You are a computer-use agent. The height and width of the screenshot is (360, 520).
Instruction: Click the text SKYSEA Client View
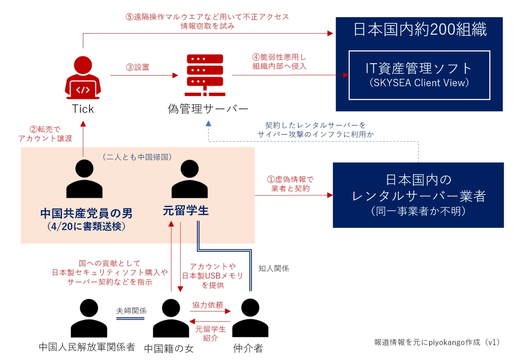419,83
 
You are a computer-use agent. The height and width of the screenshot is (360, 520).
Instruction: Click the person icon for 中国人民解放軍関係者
88,318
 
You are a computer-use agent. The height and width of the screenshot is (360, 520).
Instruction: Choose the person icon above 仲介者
247,318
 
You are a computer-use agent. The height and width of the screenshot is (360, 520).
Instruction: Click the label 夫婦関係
131,311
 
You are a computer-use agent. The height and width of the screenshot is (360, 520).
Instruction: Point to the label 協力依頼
211,305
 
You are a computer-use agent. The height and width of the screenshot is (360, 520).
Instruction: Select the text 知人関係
273,268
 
